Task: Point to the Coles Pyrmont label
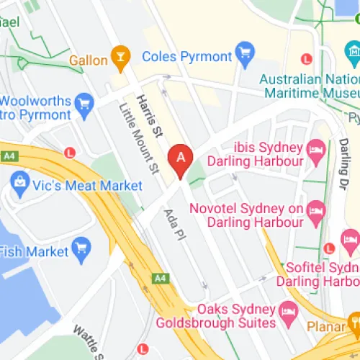pos(187,55)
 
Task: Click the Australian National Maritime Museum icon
pos(353,53)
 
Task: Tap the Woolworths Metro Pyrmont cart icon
pos(85,104)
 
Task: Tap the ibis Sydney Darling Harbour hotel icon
pos(316,150)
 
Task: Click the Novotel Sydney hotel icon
pos(316,211)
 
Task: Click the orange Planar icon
pos(354,322)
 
